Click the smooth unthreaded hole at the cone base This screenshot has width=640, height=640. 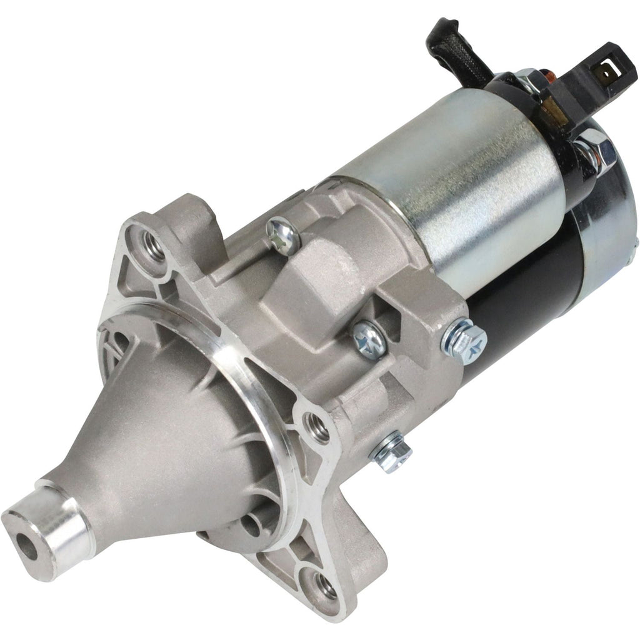click(252, 523)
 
